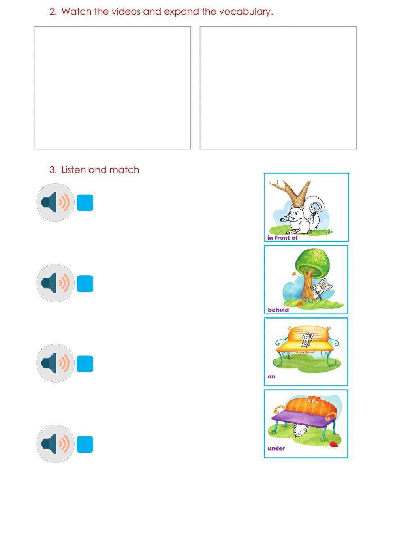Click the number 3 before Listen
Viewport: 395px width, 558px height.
click(53, 170)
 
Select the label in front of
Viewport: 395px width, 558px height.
click(282, 238)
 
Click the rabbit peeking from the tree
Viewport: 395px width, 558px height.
click(322, 290)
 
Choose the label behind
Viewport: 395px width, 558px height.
click(278, 310)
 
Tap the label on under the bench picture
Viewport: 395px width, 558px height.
click(271, 377)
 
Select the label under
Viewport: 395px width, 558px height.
click(276, 449)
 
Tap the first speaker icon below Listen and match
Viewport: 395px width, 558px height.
click(55, 202)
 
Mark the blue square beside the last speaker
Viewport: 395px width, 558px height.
click(85, 444)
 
